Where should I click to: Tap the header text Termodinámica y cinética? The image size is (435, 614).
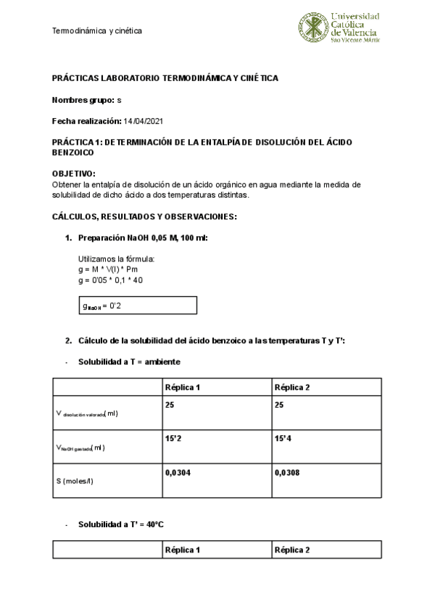click(x=96, y=30)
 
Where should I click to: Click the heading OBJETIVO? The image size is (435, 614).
click(x=73, y=174)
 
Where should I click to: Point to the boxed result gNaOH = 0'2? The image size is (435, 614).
click(x=138, y=306)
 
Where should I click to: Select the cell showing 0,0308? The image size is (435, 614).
click(x=288, y=472)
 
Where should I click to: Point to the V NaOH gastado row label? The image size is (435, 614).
click(x=80, y=447)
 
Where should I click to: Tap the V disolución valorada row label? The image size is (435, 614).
click(x=87, y=413)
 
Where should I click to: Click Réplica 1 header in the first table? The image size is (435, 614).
click(x=182, y=387)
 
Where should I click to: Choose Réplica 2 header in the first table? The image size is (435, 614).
click(x=291, y=387)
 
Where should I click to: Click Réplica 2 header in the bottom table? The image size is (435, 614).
click(x=291, y=550)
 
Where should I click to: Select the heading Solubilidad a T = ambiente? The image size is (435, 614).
click(x=129, y=361)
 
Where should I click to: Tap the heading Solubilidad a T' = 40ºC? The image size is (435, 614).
click(x=121, y=524)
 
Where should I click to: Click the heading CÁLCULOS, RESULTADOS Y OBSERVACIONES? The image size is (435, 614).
click(x=144, y=216)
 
